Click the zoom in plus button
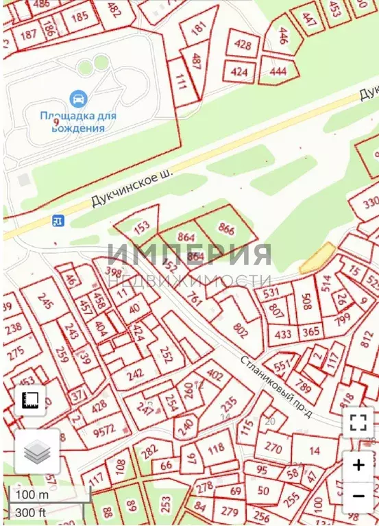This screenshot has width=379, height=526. (358, 465)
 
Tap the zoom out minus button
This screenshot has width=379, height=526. (358, 494)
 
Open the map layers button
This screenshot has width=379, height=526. (38, 451)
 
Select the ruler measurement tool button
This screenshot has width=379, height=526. (29, 399)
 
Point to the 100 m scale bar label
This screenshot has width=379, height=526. (33, 495)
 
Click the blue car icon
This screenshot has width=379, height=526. (78, 99)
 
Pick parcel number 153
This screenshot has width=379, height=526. (140, 227)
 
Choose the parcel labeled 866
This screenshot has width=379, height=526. (226, 230)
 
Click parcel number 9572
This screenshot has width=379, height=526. (105, 431)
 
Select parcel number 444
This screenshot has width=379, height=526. (278, 71)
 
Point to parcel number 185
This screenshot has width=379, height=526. (80, 16)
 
